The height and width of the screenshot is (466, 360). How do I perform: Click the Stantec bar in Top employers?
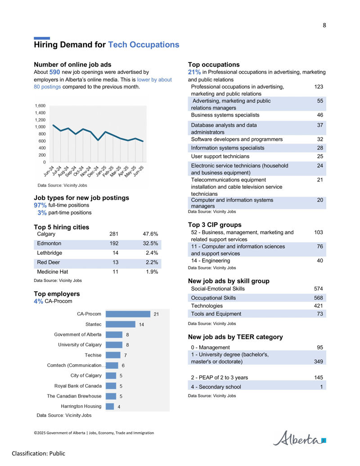point(120,324)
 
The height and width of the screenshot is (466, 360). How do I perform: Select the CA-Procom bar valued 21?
point(128,314)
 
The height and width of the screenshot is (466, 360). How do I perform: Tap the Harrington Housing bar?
point(110,406)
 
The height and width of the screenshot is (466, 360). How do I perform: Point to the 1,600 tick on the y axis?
point(40,106)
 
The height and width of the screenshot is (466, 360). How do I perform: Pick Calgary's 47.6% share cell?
point(150,234)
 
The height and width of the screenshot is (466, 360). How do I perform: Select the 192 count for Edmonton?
point(114,244)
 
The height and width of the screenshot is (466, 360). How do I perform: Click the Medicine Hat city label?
point(52,271)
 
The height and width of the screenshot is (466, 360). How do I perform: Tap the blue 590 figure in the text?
point(54,72)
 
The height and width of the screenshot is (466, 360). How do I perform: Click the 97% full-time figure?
point(40,205)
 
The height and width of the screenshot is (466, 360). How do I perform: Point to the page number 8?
point(324,25)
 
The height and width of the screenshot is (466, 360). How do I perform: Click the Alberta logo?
point(299,438)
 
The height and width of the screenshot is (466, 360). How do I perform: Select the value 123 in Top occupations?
point(319,87)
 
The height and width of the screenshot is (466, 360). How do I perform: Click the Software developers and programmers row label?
point(237,140)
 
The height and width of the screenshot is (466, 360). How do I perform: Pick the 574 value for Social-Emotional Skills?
point(319,289)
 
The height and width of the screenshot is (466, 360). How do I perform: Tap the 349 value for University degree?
point(319,362)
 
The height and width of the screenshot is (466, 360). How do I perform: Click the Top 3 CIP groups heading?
point(215,225)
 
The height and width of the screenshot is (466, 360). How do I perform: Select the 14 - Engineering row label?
point(210,261)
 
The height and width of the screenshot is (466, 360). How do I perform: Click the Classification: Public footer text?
point(38,453)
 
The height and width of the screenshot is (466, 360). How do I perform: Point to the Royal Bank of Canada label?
point(78,386)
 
